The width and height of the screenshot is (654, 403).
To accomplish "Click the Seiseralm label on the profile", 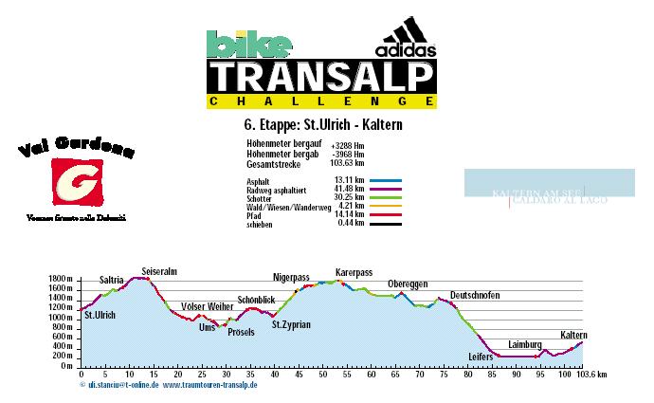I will coord(159,271).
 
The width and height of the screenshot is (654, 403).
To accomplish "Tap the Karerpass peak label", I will coord(352,272).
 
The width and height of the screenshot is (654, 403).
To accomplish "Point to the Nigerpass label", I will coord(291,278).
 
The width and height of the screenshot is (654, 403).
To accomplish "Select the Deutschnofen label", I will coord(475,295).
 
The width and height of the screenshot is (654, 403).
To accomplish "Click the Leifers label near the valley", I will coord(481,356).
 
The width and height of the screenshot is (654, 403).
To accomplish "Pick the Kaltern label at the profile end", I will coord(573,335).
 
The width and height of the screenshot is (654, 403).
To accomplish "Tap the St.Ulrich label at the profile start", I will coord(100,315).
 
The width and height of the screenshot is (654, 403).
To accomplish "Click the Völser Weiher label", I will coord(207,306).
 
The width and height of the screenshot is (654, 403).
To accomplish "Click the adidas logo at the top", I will coord(407,41).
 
